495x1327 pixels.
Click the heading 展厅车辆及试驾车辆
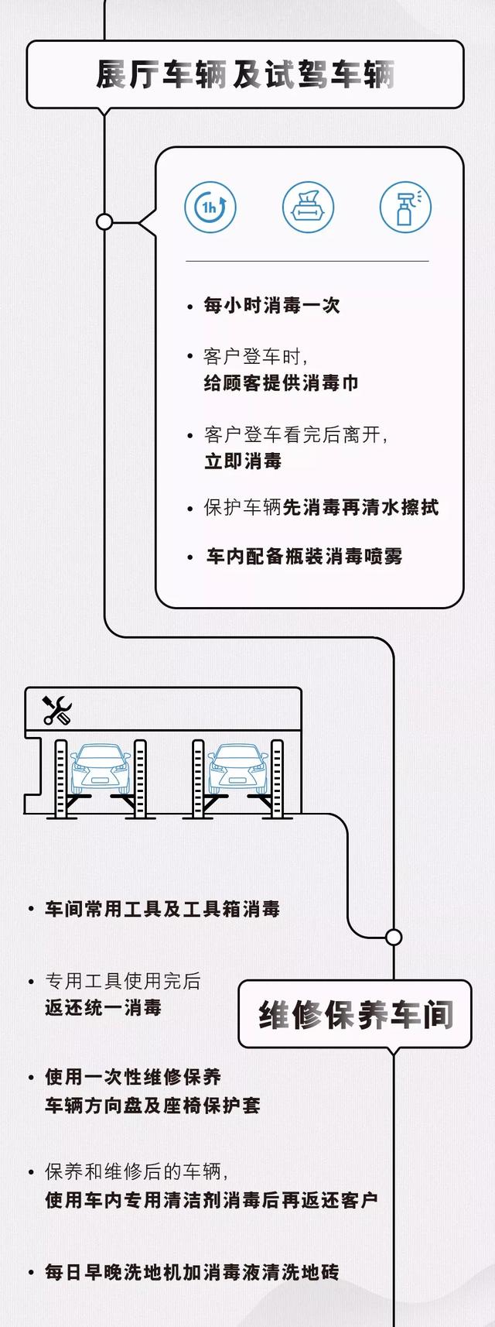click(245, 74)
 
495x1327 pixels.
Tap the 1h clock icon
click(210, 207)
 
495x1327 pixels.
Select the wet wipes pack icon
click(308, 207)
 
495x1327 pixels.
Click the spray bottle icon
click(405, 207)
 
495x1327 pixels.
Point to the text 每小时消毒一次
click(271, 306)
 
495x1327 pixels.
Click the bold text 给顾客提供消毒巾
click(282, 383)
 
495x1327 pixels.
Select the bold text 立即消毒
click(243, 461)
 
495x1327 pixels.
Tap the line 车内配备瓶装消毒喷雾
click(304, 557)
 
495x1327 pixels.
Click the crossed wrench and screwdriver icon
click(57, 710)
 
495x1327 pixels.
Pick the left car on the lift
click(101, 769)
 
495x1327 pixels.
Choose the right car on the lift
click(238, 769)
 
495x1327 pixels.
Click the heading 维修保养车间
click(356, 1014)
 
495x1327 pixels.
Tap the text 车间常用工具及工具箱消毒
click(162, 909)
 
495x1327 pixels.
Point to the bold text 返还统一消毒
click(103, 1008)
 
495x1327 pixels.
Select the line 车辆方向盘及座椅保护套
click(153, 1106)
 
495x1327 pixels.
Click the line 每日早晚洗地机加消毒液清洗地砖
click(192, 1272)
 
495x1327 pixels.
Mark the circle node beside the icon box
click(104, 222)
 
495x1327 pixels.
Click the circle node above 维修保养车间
click(394, 938)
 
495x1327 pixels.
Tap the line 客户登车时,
click(256, 357)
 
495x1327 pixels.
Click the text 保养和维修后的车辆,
click(137, 1171)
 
